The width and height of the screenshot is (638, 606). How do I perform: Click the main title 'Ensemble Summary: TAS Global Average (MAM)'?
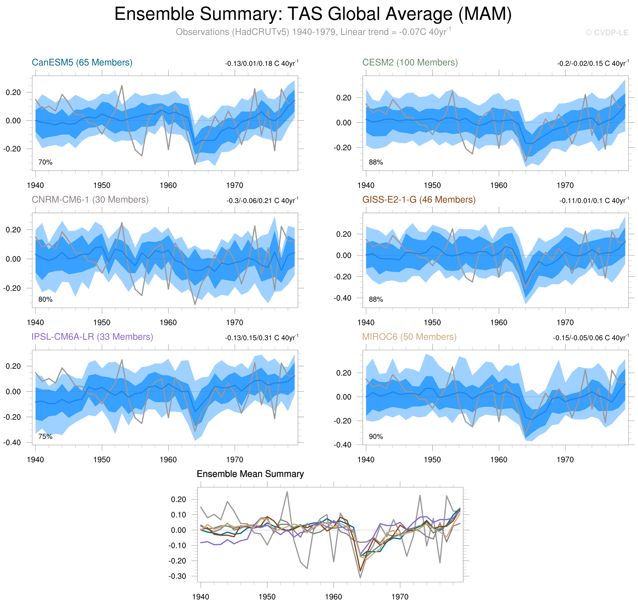click(313, 14)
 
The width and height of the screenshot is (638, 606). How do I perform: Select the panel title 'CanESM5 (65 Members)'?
click(82, 62)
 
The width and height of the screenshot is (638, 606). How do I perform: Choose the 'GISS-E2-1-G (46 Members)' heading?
click(419, 200)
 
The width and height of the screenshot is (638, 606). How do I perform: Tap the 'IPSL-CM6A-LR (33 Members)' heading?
click(92, 337)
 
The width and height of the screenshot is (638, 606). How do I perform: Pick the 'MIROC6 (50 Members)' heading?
click(409, 337)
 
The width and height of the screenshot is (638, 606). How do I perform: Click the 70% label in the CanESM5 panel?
click(45, 162)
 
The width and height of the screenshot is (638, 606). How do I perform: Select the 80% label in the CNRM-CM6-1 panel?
click(45, 299)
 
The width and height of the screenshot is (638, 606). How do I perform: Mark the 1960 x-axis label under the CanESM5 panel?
click(168, 185)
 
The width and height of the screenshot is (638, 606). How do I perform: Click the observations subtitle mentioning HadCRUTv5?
click(313, 32)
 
